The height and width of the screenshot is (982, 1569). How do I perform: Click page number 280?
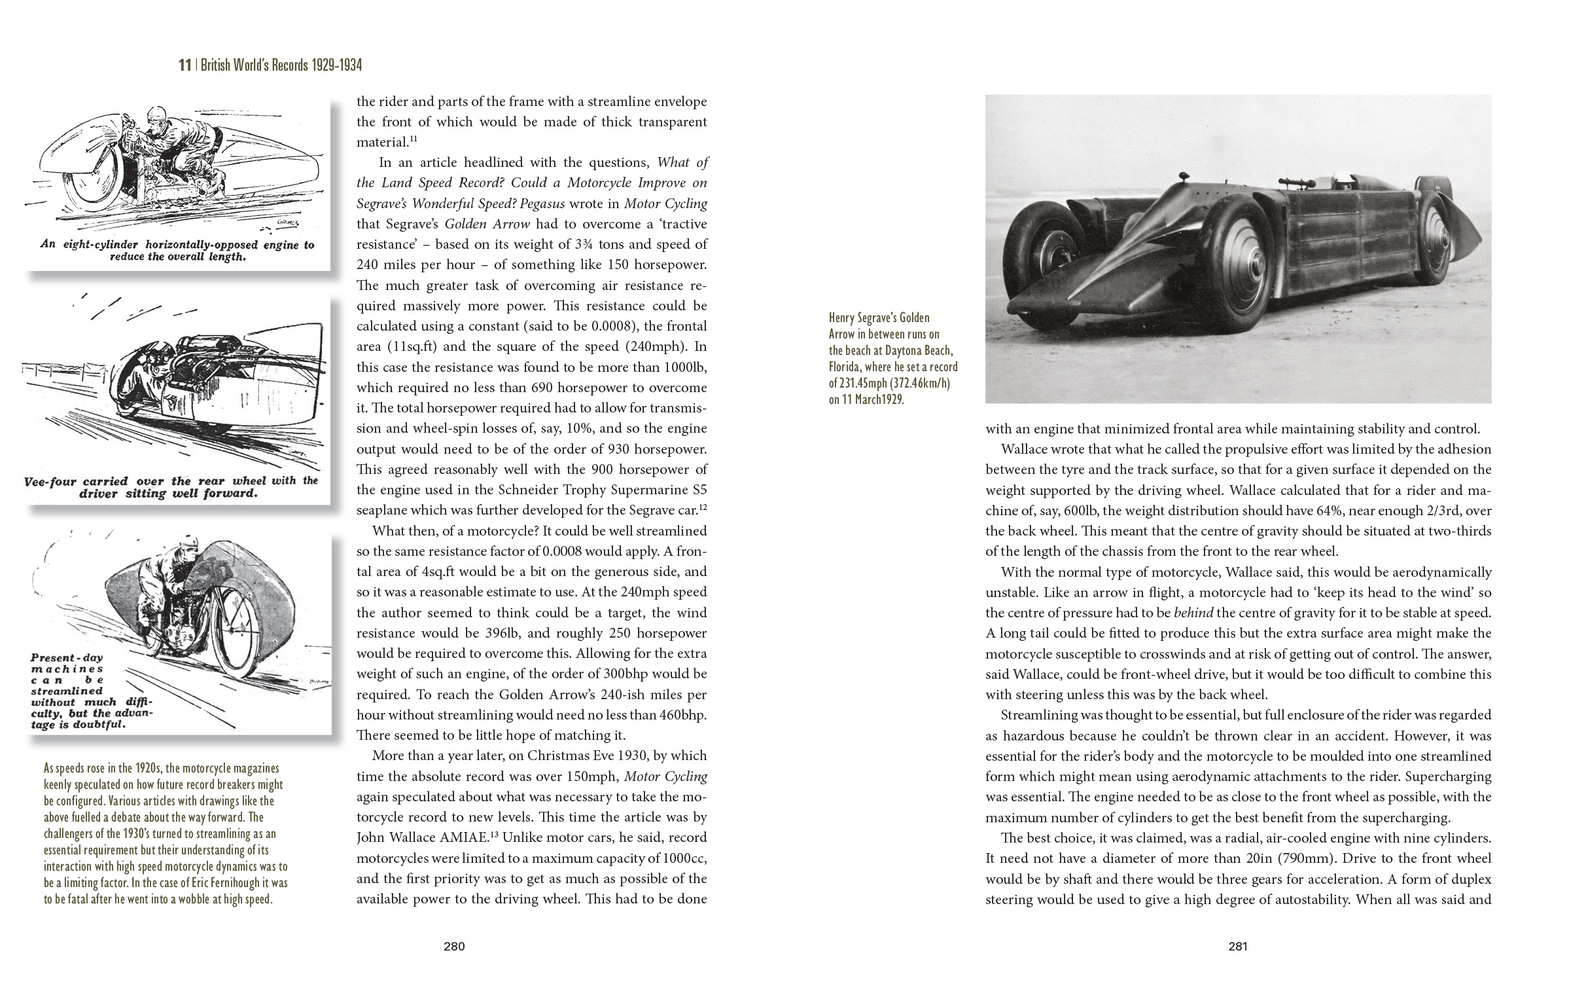(454, 945)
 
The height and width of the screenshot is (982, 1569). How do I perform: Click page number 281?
(1238, 945)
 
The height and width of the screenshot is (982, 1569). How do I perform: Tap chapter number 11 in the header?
(185, 65)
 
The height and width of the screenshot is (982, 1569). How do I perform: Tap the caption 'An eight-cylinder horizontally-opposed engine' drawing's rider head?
(157, 118)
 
